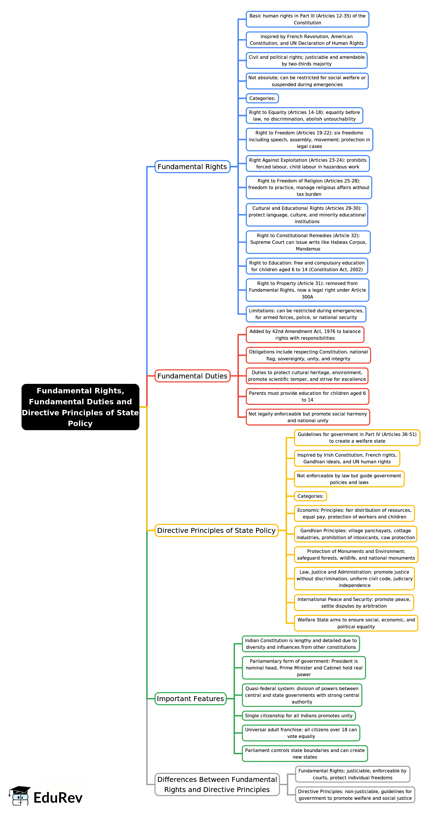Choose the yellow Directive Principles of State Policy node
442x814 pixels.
[x=216, y=530]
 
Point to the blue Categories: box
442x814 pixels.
[x=262, y=98]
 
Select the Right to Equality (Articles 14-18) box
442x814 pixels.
[x=304, y=116]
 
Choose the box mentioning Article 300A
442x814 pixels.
[x=307, y=290]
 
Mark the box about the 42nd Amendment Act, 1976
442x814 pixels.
[x=305, y=335]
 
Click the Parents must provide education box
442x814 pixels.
[x=307, y=396]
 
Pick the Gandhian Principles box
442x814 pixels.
[x=355, y=534]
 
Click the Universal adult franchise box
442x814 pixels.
[x=301, y=733]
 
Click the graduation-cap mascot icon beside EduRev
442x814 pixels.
[x=20, y=796]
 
